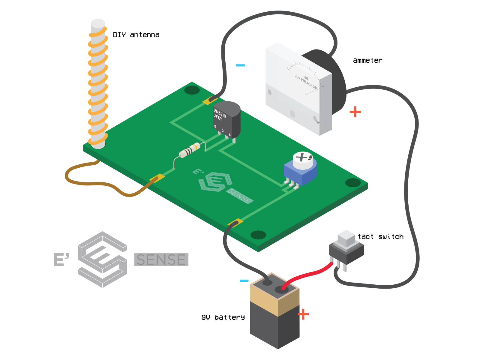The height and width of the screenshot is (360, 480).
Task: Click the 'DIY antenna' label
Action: coord(136,35)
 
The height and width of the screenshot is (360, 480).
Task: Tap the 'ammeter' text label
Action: coord(367,60)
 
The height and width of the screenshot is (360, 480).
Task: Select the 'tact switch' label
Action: coord(380,237)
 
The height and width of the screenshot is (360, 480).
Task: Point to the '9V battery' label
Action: coord(223,317)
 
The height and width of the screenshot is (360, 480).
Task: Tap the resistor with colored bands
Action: coord(190,150)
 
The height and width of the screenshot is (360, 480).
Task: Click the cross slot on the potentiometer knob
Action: coord(301,157)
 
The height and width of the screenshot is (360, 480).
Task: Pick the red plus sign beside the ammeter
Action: coord(355,112)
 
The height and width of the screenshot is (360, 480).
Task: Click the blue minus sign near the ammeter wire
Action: coord(240,65)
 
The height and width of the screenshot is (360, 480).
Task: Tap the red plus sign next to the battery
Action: coord(303,314)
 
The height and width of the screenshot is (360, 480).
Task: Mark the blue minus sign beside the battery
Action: coord(244,280)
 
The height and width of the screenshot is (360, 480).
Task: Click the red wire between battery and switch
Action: coord(309,274)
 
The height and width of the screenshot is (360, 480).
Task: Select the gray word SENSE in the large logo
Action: coord(161,260)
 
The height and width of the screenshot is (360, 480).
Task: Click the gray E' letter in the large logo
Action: coord(61,259)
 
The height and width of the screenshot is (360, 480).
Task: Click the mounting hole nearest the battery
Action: coord(258,235)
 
